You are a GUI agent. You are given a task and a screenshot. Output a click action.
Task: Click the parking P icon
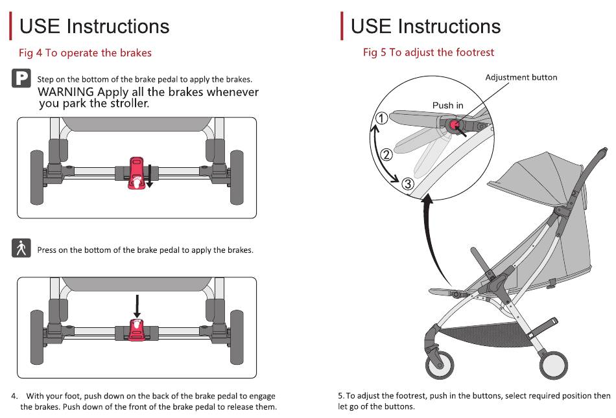coord(21,78)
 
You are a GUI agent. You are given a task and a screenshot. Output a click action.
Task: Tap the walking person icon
coord(21,249)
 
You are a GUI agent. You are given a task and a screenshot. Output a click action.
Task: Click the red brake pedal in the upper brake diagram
coord(137,173)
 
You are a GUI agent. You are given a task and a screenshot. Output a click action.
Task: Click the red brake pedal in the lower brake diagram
coord(137,330)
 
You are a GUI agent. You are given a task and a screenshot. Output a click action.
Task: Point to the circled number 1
coord(382,118)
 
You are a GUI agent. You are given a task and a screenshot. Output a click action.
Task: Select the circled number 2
coord(387,154)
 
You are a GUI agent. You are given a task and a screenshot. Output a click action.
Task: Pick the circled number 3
coord(408,183)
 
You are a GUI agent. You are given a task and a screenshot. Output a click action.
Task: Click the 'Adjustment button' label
coord(521,77)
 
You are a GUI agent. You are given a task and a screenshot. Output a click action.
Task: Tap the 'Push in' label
coord(447,105)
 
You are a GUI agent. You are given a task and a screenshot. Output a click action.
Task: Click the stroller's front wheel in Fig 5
coord(440,365)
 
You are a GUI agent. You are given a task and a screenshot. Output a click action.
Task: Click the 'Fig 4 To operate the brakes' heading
coord(85,52)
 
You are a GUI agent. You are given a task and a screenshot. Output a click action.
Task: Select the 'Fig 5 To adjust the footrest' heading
coord(428,52)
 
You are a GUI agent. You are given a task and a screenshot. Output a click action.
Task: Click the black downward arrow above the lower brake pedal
coord(137,305)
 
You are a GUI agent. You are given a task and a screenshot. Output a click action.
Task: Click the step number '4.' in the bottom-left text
coord(15,396)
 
